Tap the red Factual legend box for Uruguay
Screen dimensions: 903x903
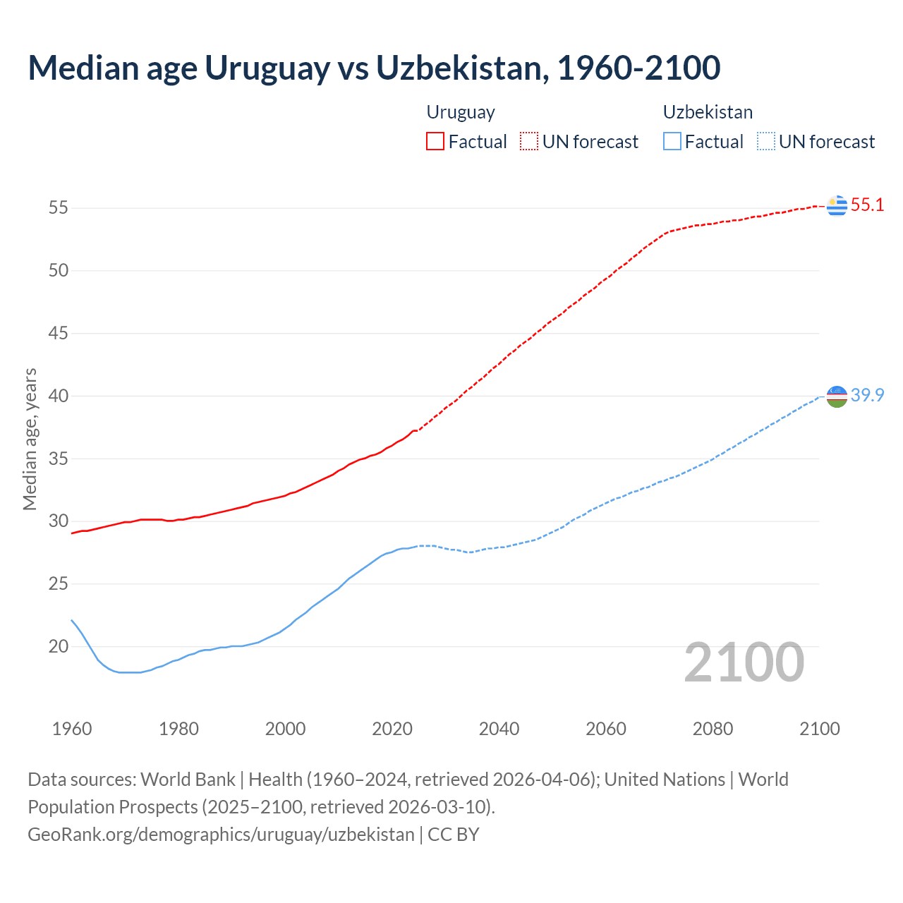pos(435,142)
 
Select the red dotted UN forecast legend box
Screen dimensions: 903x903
pos(529,142)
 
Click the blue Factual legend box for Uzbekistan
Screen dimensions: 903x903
pos(672,142)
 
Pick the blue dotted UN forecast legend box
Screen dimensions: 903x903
pos(765,142)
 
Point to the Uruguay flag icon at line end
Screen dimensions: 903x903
pos(837,205)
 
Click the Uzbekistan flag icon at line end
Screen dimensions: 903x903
pos(837,396)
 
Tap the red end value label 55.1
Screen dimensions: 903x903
pos(867,205)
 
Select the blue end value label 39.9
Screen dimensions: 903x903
pos(867,396)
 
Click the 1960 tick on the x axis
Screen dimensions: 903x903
pos(72,729)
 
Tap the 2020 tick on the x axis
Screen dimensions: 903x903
pos(392,729)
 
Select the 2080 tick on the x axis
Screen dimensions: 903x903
pos(713,729)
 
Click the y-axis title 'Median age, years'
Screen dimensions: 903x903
pos(30,439)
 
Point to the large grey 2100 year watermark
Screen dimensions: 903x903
pos(744,662)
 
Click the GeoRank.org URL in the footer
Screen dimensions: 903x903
pos(221,835)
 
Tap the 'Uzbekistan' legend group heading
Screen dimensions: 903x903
pos(708,112)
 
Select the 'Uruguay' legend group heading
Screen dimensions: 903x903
pos(461,112)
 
